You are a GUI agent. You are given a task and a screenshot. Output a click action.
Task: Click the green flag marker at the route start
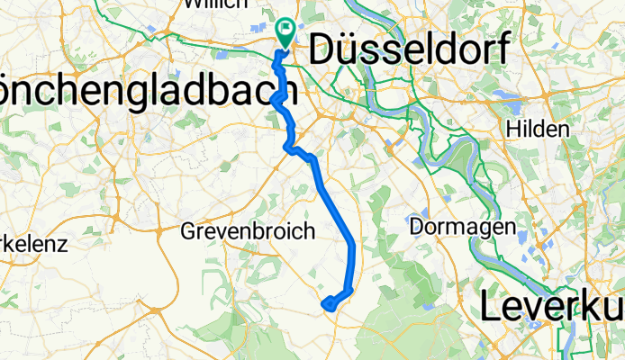[286, 33]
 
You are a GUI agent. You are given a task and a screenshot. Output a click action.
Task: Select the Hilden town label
[539, 130]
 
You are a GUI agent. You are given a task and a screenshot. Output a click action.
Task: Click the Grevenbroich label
[248, 231]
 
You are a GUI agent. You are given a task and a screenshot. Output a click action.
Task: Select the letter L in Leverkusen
[491, 306]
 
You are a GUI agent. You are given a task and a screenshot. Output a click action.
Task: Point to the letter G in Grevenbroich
[188, 231]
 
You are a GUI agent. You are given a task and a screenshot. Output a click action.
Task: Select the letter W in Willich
[191, 4]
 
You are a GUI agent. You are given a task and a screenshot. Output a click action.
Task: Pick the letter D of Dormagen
[416, 227]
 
